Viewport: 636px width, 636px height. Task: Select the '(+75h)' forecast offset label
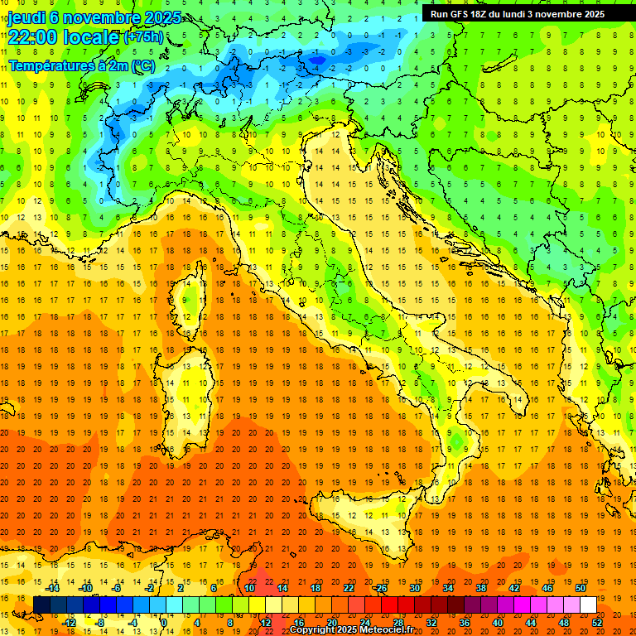click(x=142, y=38)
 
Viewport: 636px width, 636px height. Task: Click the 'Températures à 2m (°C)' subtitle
click(x=81, y=65)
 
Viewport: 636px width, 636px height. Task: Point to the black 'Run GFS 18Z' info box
click(x=517, y=14)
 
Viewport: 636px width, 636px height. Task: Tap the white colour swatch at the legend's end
click(x=588, y=605)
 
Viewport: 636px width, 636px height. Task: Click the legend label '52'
click(x=597, y=622)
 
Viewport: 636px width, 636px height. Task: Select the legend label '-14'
click(x=52, y=588)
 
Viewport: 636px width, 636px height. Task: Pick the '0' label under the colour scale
click(x=163, y=622)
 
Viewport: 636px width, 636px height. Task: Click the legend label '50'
click(x=580, y=588)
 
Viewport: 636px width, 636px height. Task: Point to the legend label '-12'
click(x=69, y=622)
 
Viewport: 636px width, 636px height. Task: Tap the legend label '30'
click(x=414, y=588)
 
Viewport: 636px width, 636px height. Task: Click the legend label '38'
click(x=480, y=588)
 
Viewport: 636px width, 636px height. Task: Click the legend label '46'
click(x=547, y=588)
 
